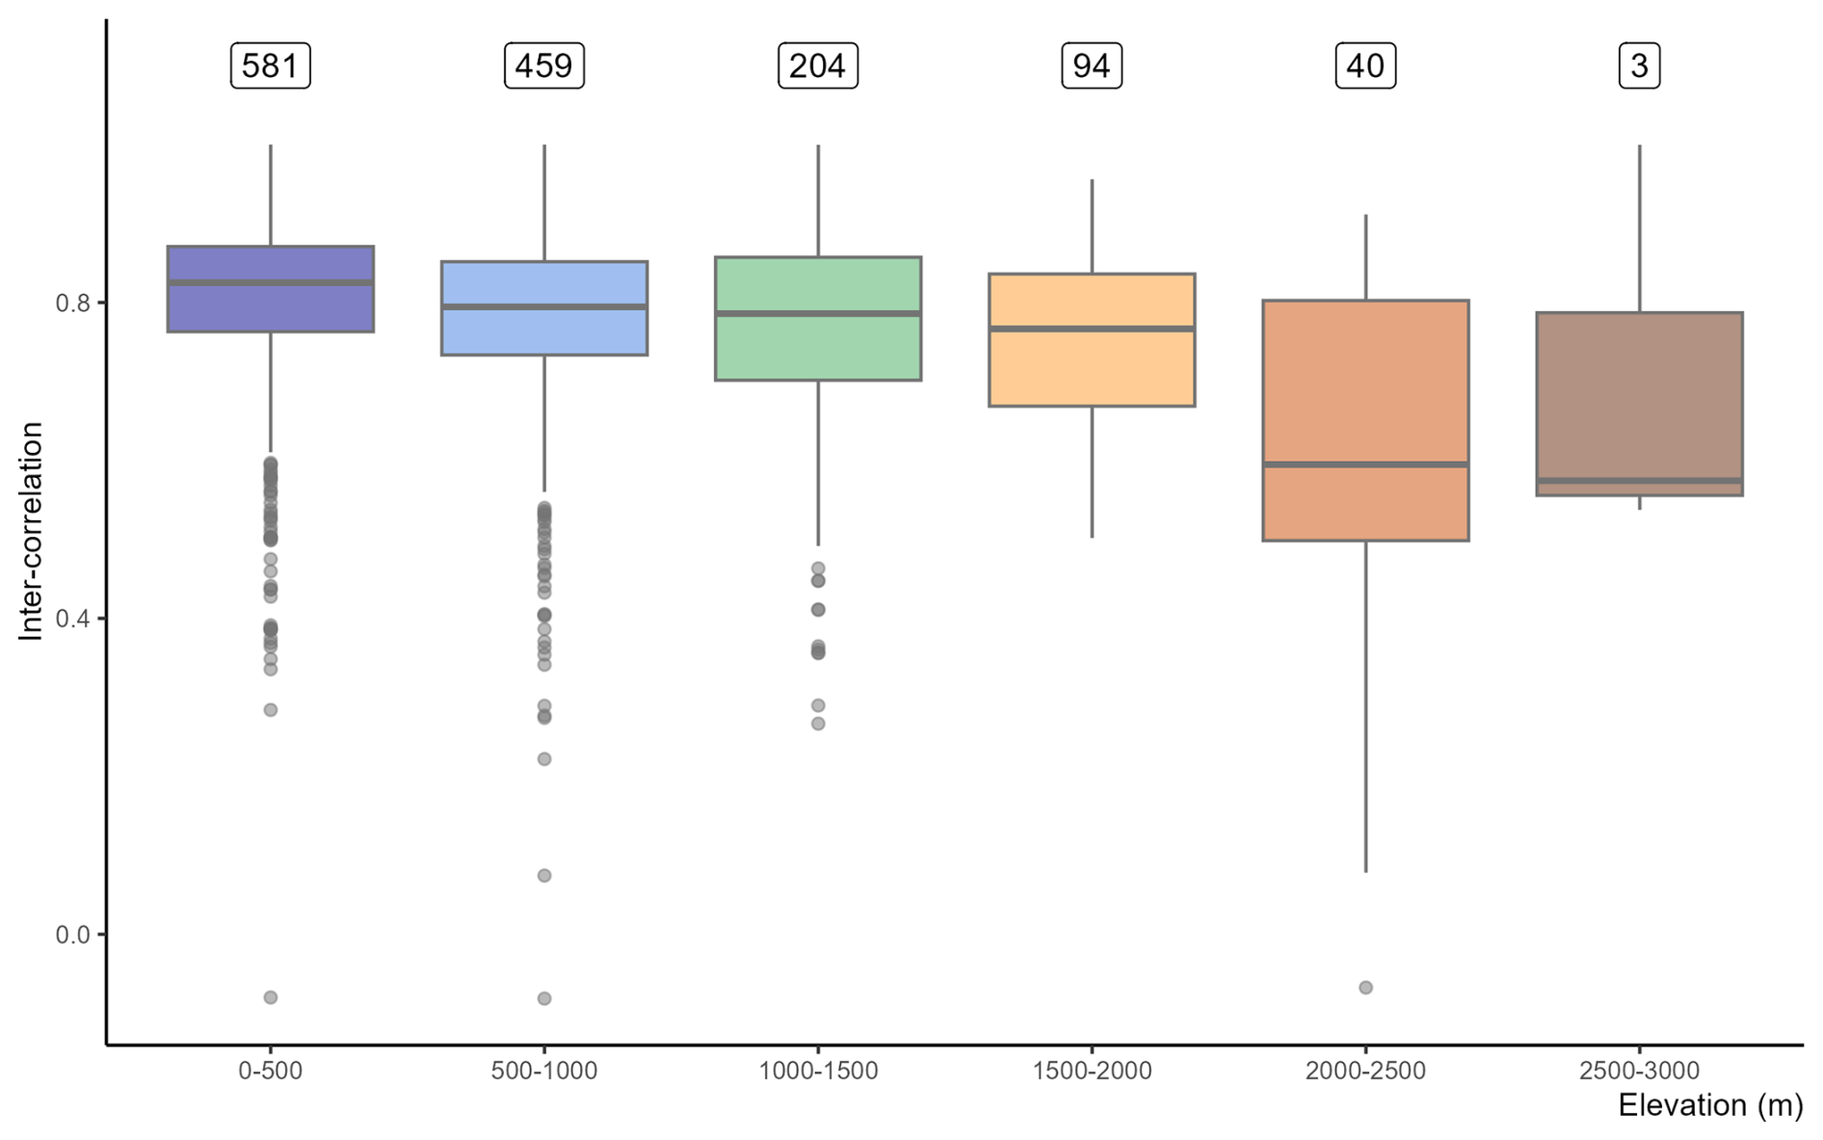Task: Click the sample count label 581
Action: [x=270, y=66]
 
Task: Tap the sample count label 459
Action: [x=543, y=66]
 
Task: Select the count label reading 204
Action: [x=817, y=66]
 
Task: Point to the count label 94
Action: [x=1091, y=66]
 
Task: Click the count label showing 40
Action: [x=1364, y=66]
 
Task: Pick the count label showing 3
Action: [x=1639, y=66]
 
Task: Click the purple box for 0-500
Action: [x=270, y=308]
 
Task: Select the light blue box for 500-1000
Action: [x=543, y=332]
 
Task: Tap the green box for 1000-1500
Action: [x=817, y=347]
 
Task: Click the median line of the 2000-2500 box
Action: [x=1365, y=464]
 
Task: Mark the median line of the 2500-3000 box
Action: [x=1639, y=480]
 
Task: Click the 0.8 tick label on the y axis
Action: [x=72, y=304]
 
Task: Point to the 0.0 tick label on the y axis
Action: [x=72, y=935]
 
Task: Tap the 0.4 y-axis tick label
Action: [x=72, y=619]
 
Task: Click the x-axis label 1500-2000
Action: [x=1091, y=1071]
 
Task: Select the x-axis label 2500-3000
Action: [x=1639, y=1071]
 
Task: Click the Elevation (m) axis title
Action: [x=1709, y=1105]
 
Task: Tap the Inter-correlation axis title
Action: [x=31, y=530]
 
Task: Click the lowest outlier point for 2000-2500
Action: [x=1365, y=988]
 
